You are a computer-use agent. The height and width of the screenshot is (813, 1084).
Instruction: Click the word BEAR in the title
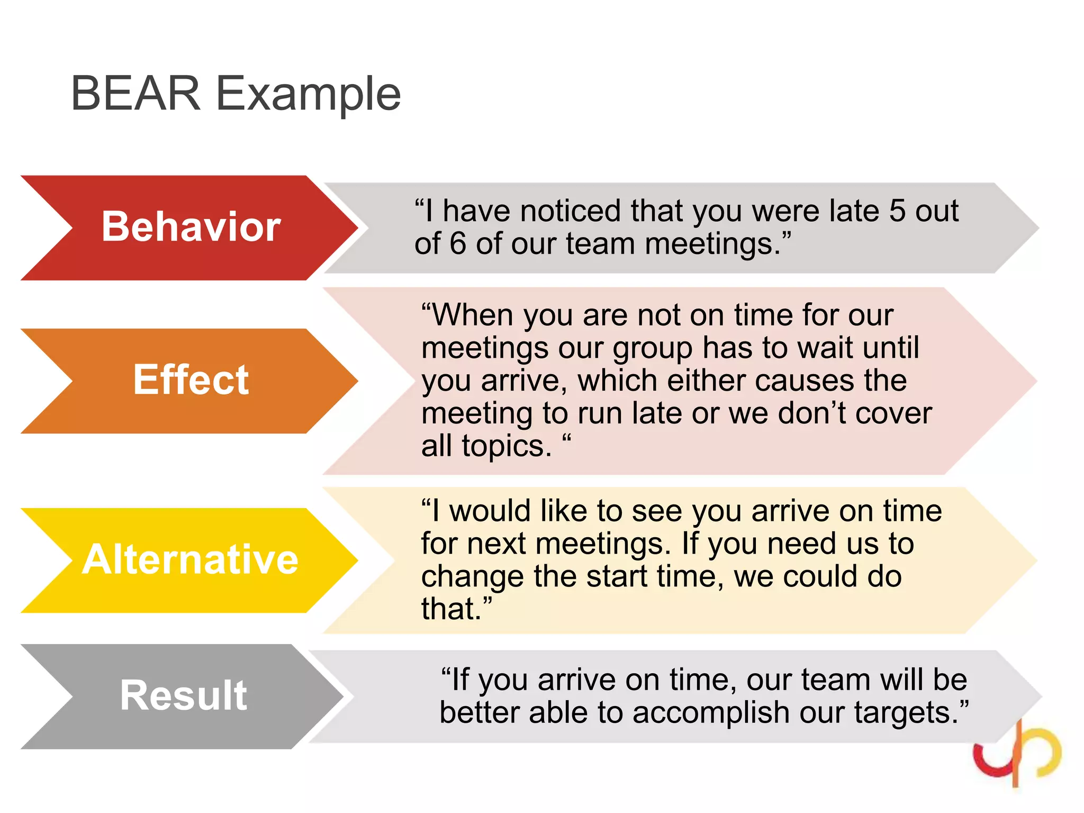tap(135, 94)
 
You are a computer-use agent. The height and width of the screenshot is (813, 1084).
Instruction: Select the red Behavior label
tap(191, 227)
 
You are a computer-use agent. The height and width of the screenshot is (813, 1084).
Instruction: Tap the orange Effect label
tap(191, 380)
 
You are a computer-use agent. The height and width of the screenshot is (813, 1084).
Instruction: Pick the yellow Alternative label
tap(191, 559)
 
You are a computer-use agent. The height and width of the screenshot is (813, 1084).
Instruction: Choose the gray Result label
tap(183, 695)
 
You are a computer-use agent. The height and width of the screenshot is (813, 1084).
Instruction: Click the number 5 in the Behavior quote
tap(897, 211)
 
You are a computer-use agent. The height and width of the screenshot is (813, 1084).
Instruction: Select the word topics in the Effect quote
tap(507, 446)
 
